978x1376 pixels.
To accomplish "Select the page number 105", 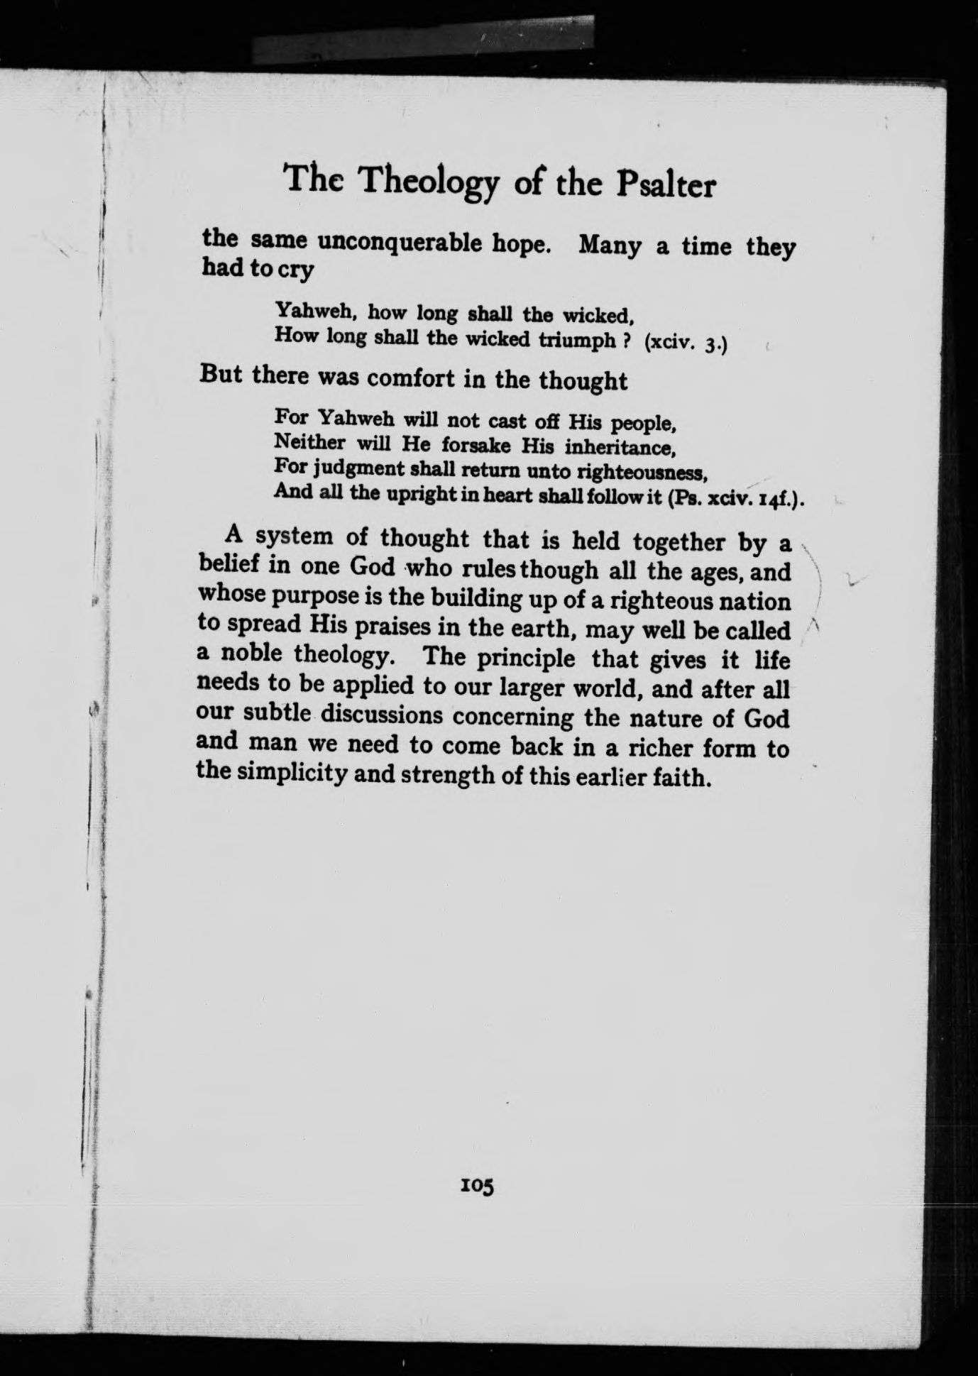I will coord(476,1186).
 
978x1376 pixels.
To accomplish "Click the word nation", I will coord(754,602).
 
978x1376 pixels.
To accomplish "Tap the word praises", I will coord(392,627).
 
